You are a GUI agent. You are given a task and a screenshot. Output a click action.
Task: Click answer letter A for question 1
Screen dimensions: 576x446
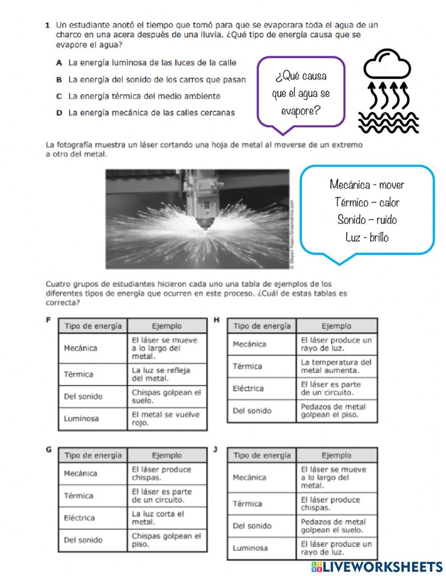58,63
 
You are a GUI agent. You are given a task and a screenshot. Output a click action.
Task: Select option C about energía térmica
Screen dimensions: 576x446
144,96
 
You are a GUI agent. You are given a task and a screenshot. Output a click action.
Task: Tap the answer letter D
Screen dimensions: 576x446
58,113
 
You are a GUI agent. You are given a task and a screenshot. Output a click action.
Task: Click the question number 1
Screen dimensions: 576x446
47,25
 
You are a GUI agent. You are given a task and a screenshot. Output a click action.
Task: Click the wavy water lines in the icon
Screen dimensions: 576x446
388,122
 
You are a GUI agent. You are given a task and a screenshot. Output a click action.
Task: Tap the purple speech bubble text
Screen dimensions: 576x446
301,93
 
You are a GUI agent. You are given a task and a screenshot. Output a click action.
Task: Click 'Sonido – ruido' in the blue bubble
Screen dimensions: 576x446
367,220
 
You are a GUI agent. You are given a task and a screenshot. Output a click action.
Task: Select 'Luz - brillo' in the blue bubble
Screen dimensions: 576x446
367,237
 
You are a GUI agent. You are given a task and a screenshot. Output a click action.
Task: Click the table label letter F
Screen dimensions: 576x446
49,320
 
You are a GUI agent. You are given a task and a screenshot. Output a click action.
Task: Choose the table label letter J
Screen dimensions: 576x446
215,449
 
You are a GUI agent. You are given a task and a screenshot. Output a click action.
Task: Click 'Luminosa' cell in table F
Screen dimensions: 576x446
81,419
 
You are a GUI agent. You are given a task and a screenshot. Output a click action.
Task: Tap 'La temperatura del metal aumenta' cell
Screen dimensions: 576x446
336,366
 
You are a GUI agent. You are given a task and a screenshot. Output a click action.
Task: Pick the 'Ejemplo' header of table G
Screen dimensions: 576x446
166,455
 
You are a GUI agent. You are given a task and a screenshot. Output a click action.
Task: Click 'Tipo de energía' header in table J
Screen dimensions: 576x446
262,455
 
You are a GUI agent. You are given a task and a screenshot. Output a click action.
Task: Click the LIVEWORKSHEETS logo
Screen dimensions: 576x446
377,566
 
